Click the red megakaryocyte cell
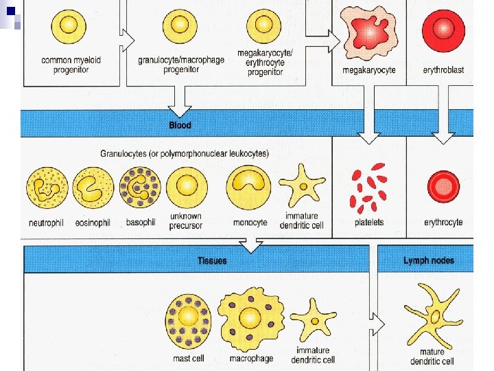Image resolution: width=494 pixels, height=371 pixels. pos(369,33)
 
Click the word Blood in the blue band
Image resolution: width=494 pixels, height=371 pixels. pos(180,125)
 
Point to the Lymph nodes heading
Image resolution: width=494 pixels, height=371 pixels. pos(428,260)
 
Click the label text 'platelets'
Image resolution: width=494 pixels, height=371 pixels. pos(369,222)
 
